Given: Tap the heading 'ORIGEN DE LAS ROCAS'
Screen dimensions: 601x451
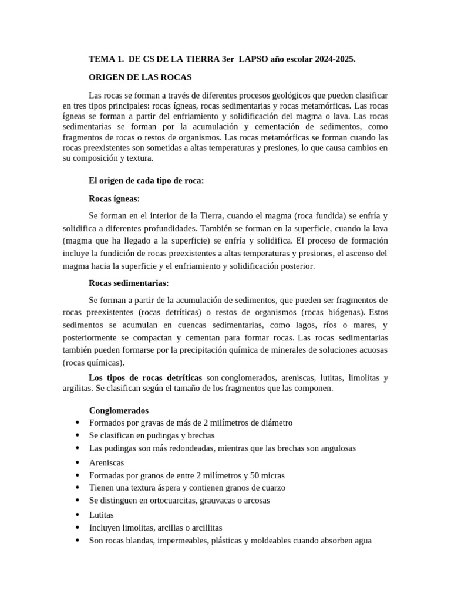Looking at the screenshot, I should [x=140, y=77].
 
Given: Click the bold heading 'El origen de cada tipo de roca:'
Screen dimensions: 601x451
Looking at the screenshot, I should [x=146, y=180].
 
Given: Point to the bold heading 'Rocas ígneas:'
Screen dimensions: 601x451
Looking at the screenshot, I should [x=114, y=198].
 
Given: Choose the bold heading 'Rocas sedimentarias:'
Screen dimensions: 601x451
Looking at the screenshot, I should [x=129, y=283].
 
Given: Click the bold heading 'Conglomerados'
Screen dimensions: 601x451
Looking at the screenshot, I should [x=119, y=410].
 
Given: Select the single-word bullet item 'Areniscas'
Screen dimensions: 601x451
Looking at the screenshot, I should [x=106, y=462].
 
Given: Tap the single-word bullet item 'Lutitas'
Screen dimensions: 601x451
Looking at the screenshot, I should [x=102, y=514].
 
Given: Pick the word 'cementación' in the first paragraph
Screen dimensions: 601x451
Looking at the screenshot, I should [x=292, y=126].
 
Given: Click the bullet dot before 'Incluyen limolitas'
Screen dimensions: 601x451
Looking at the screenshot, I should [x=78, y=528].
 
